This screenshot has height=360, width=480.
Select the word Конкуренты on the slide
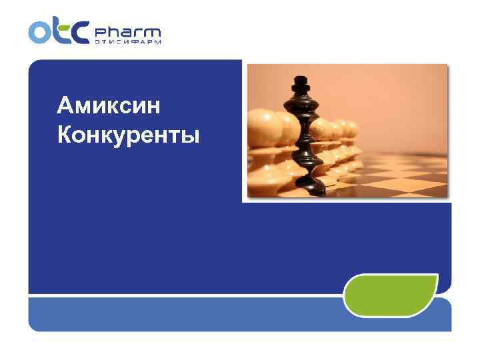point(128,135)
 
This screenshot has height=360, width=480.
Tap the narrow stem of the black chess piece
point(305,137)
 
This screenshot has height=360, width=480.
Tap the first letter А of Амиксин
point(65,105)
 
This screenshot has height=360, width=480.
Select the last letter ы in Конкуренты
point(191,137)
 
